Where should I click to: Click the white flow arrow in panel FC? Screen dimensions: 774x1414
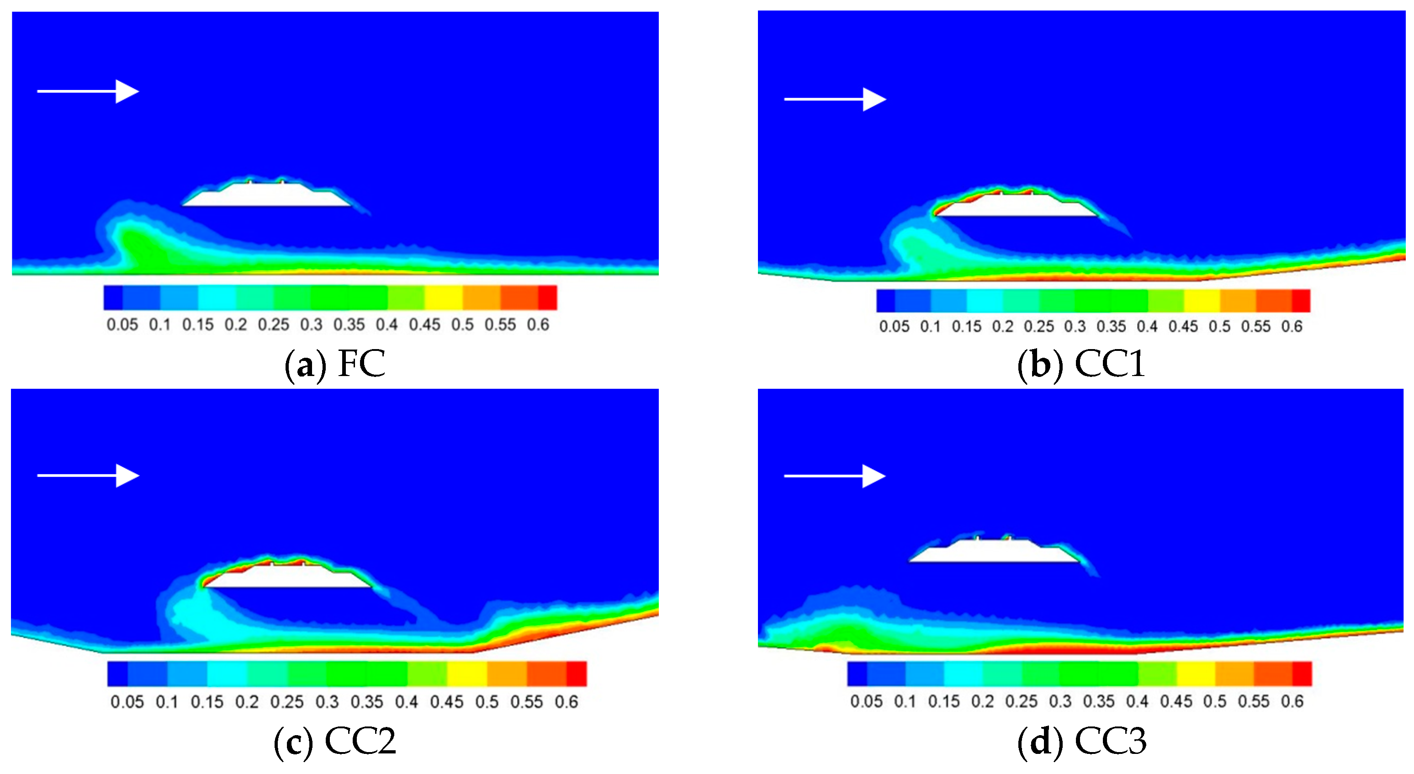tap(88, 91)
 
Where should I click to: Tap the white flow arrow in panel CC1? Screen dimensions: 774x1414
tap(834, 99)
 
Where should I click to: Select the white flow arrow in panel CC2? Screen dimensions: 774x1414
tap(88, 475)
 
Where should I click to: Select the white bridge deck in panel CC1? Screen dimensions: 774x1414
tap(1016, 207)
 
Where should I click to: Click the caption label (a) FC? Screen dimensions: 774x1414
tap(335, 363)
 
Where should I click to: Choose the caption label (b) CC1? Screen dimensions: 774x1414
tap(1081, 363)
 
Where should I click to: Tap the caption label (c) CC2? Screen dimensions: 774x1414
tap(335, 741)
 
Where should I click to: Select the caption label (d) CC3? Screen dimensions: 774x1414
tap(1082, 741)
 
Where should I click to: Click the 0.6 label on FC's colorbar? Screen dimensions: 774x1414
tap(538, 325)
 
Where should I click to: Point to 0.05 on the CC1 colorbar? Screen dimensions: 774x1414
tap(894, 327)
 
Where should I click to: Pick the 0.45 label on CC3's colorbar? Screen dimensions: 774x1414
tap(1176, 701)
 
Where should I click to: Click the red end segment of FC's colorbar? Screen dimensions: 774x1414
tap(547, 297)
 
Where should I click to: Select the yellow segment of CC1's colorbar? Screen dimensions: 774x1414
tap(1202, 301)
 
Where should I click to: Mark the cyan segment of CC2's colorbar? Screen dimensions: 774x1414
tap(227, 673)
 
